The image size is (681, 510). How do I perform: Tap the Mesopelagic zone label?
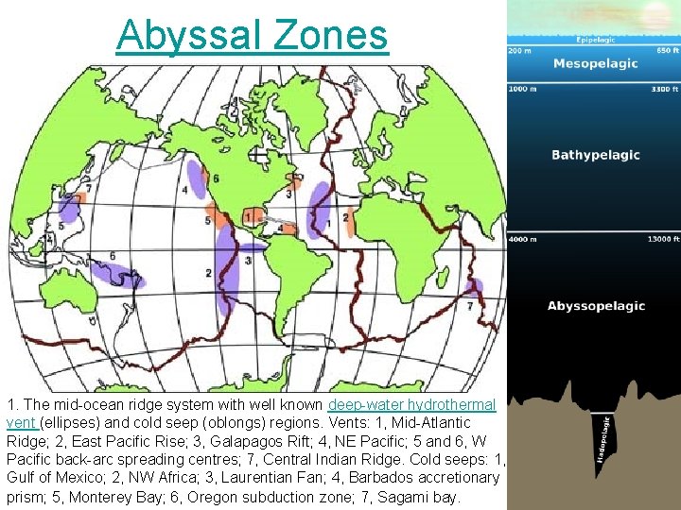tap(595, 64)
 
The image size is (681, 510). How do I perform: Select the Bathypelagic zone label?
tap(596, 155)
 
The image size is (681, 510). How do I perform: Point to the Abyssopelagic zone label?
tap(596, 306)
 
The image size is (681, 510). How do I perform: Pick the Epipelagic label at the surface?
tap(596, 41)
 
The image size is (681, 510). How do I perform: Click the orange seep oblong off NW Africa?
tap(346, 221)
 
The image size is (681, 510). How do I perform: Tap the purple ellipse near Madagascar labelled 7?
tap(474, 288)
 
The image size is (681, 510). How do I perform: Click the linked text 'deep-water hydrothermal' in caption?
tap(411, 404)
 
